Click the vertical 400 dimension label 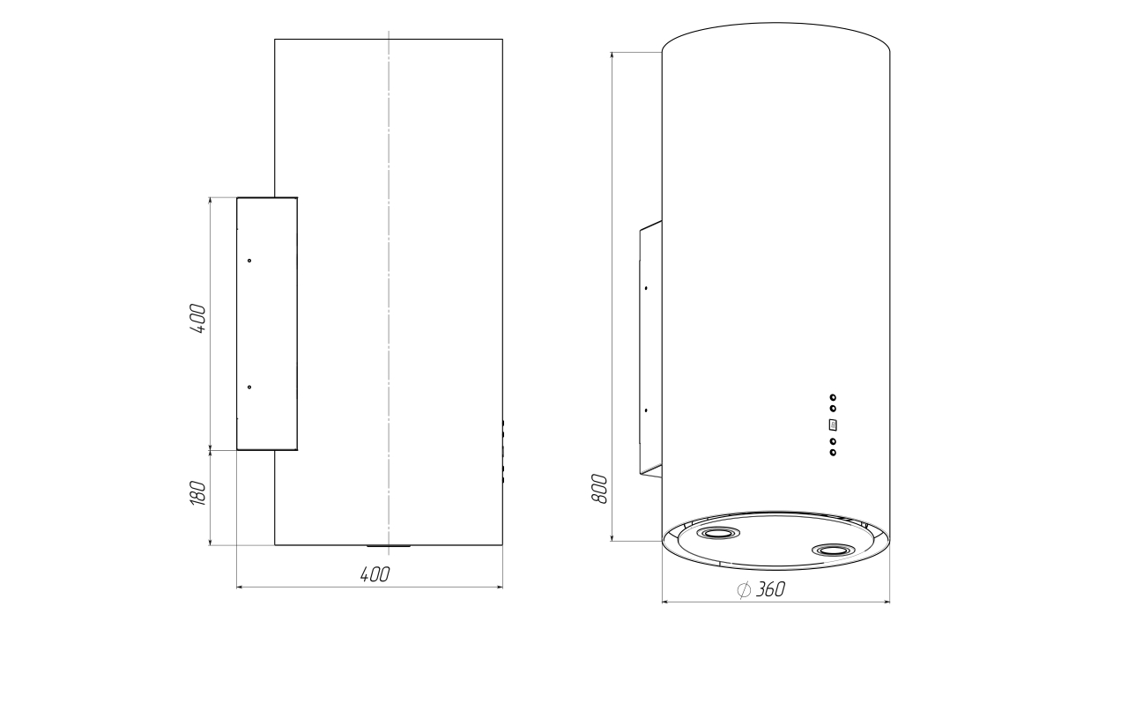[x=197, y=319]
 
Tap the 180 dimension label [x=197, y=493]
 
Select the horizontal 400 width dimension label [x=375, y=574]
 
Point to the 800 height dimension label [x=598, y=489]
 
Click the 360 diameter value [x=770, y=589]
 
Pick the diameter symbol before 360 [x=744, y=590]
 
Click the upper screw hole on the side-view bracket [x=249, y=261]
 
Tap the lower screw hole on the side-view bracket [x=249, y=387]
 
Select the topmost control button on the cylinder [x=833, y=397]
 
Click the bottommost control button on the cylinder [x=833, y=453]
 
